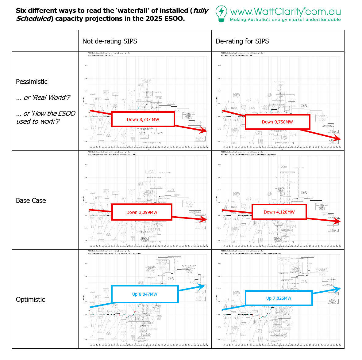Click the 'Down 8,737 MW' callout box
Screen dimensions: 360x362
143,119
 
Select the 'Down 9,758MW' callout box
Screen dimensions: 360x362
277,122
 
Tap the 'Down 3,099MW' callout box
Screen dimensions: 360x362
142,212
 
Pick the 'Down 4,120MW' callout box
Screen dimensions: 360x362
279,212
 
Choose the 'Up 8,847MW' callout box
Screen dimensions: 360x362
145,294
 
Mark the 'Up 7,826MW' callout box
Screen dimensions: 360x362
279,298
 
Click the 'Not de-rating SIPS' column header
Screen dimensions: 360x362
110,41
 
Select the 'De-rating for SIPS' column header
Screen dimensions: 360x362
242,41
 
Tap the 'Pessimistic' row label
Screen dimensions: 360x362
32,81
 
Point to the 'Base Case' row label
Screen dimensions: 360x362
31,200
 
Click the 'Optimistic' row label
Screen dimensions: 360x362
30,299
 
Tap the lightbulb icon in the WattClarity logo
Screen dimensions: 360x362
221,13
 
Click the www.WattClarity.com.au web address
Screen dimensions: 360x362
285,12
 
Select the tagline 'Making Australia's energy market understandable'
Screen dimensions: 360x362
285,20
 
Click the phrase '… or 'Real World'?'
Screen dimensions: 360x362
43,97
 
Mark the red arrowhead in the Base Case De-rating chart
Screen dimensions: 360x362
337,221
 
